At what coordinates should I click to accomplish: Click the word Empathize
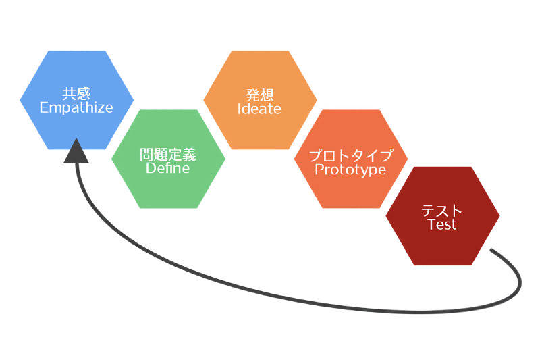(76, 107)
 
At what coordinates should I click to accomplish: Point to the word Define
(168, 168)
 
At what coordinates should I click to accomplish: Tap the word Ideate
(260, 109)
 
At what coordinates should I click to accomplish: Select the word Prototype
(351, 170)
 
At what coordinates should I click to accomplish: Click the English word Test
(442, 224)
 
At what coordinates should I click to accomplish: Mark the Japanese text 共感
(76, 93)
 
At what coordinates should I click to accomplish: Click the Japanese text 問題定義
(168, 154)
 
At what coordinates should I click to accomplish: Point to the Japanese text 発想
(260, 95)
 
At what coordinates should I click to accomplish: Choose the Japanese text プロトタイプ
(351, 155)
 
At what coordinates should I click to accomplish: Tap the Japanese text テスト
(442, 210)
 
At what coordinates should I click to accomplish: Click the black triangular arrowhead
(76, 152)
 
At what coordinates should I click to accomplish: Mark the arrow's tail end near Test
(493, 251)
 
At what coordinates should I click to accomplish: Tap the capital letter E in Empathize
(44, 107)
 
